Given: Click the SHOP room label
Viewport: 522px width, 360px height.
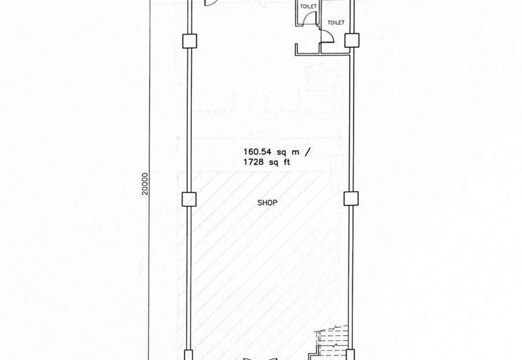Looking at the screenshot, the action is tap(268, 203).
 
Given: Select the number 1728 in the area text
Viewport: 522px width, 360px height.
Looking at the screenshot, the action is tap(254, 162).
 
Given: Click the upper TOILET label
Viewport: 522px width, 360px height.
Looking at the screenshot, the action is tap(308, 7).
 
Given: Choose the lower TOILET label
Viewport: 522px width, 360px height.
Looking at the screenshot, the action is tap(336, 23).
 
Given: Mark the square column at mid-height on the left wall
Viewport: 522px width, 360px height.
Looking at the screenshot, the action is tap(189, 200).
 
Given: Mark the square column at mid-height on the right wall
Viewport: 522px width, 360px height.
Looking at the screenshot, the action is tap(351, 199).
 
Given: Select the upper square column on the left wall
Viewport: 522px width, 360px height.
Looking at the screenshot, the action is tap(190, 41).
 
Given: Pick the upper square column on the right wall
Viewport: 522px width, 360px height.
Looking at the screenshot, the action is tap(352, 40).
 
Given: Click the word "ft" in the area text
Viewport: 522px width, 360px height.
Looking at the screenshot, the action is tap(286, 162).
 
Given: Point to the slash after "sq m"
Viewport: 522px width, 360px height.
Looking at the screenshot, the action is tap(307, 152).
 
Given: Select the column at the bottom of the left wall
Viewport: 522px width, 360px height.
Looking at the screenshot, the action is tap(189, 355).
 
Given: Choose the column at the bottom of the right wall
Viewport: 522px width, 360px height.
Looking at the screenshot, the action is tap(350, 355).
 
